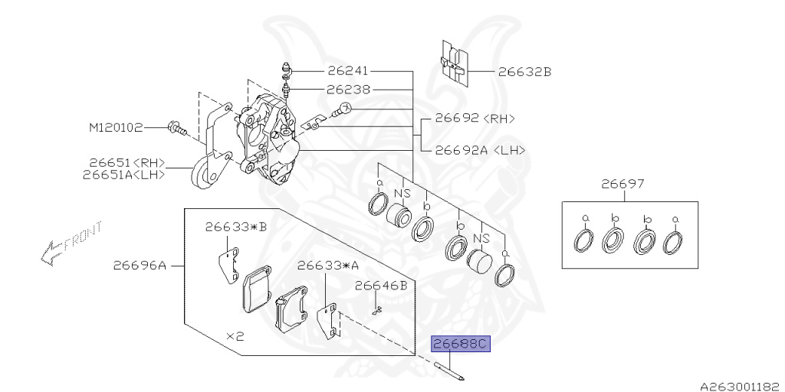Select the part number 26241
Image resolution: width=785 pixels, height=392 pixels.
(348, 70)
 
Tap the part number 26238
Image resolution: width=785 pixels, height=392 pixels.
(348, 89)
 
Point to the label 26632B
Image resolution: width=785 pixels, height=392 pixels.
(524, 72)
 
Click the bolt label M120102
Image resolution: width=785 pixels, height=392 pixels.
(116, 128)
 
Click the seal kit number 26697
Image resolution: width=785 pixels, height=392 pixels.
(622, 184)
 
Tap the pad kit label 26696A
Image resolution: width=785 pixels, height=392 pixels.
(140, 266)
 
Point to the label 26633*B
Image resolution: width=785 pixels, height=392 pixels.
(235, 227)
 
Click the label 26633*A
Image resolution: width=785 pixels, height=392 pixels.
(328, 266)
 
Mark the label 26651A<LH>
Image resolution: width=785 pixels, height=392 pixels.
(126, 175)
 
